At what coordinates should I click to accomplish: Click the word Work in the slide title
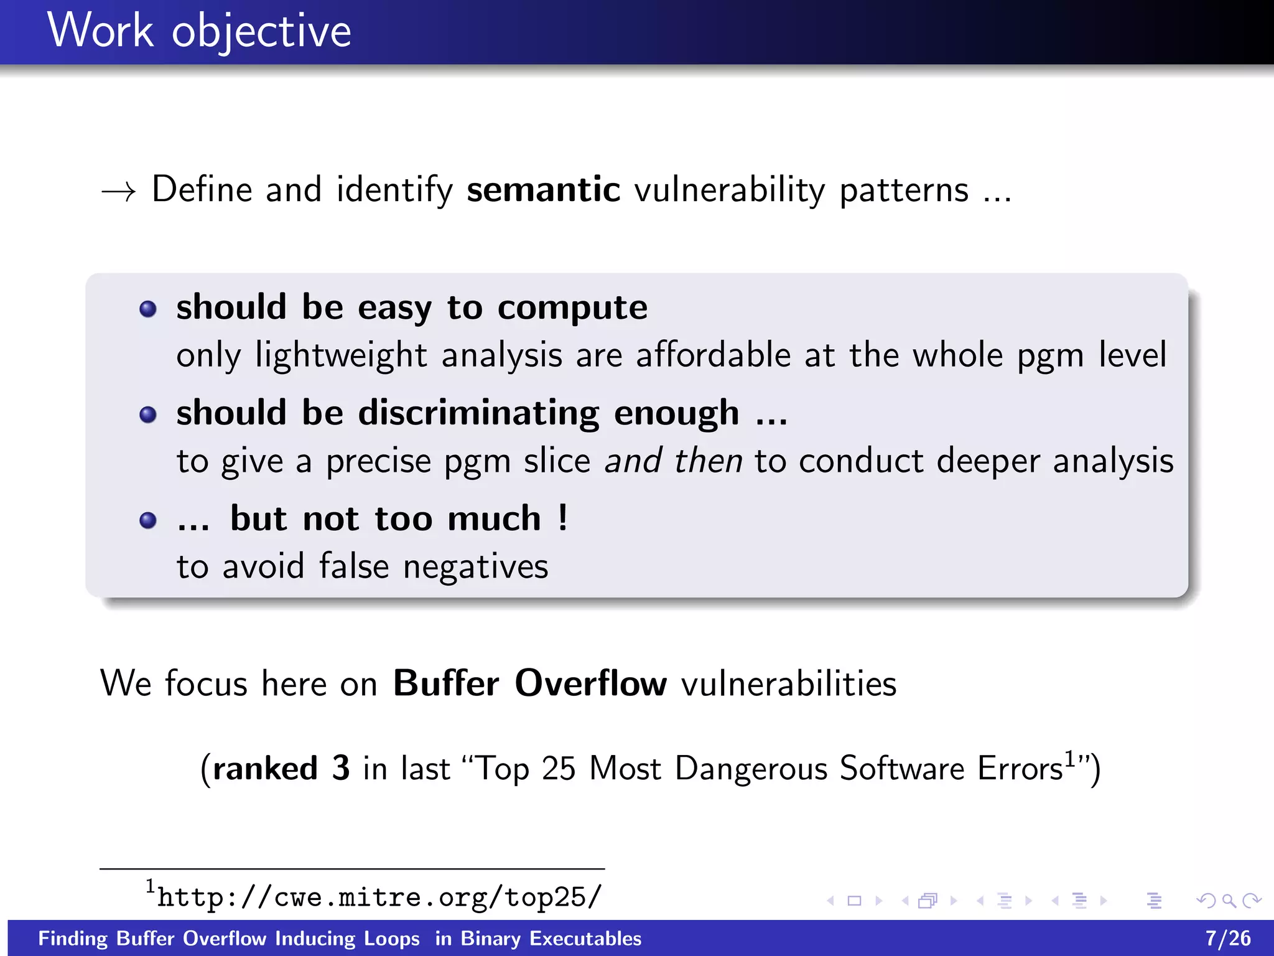(100, 30)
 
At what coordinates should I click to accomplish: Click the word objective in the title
(261, 32)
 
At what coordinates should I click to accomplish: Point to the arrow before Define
(118, 191)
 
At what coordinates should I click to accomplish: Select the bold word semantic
(543, 189)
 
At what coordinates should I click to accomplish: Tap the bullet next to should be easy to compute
(148, 309)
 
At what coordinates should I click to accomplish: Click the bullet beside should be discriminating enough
(148, 415)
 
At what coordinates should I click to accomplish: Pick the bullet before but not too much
(148, 520)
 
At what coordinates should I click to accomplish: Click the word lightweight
(341, 356)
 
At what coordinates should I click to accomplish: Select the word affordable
(713, 355)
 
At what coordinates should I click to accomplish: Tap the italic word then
(709, 461)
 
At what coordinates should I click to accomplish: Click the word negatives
(475, 567)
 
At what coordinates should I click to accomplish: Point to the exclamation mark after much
(563, 518)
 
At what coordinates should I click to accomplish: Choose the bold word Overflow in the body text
(590, 683)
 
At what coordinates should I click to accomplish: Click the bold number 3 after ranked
(340, 768)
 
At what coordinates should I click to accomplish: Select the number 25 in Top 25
(558, 769)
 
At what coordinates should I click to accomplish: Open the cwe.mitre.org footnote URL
(379, 897)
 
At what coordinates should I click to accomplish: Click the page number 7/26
(1228, 938)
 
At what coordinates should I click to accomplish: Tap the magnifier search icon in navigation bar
(1229, 901)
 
